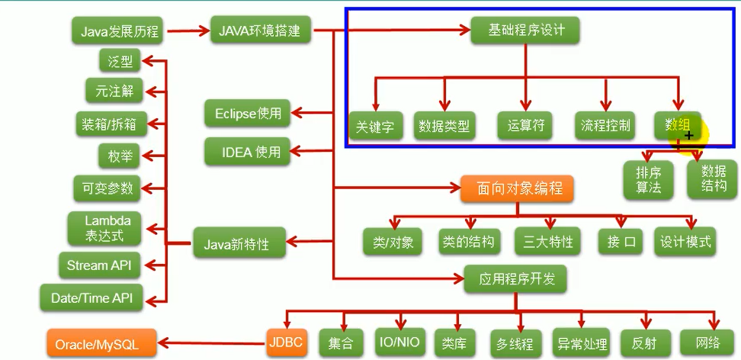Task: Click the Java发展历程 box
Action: click(115, 32)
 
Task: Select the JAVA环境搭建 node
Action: click(259, 32)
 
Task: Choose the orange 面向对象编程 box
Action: click(516, 188)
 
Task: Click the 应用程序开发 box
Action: click(515, 279)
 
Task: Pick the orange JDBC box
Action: click(287, 343)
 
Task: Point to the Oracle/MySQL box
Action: click(101, 345)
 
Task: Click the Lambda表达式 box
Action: click(103, 228)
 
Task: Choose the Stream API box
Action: click(99, 265)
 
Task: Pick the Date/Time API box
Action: click(91, 297)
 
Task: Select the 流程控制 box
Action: click(606, 126)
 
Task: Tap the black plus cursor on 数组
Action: click(689, 135)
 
